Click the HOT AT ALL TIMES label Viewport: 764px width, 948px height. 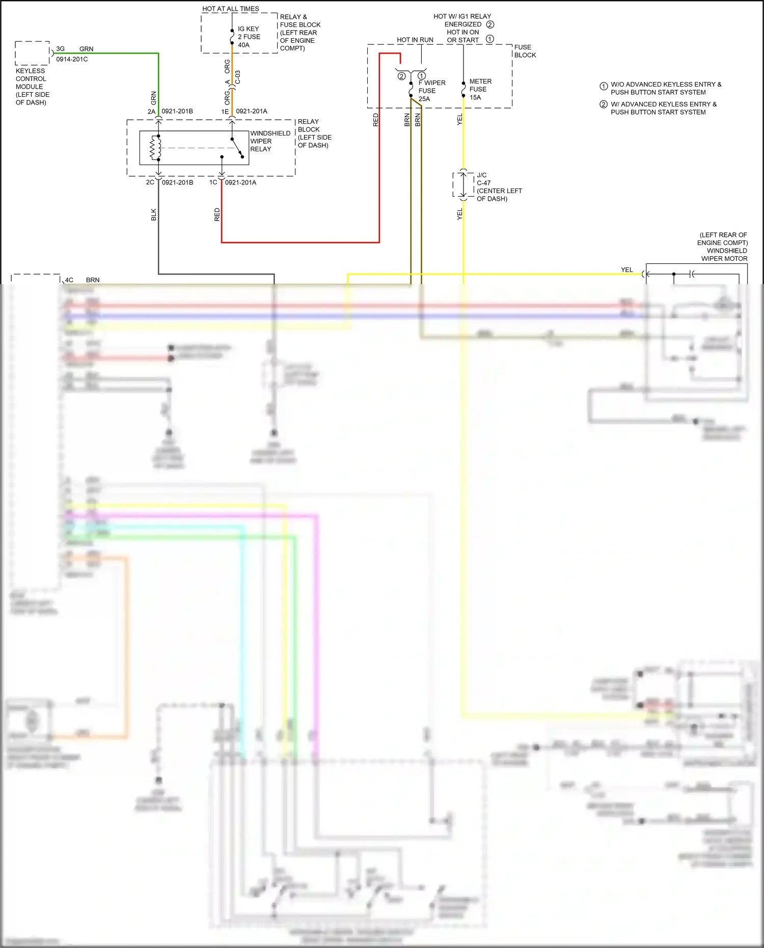[x=230, y=9]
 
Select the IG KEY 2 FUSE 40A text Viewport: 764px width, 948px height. [x=249, y=37]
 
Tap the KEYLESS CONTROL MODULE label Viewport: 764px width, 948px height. [x=32, y=87]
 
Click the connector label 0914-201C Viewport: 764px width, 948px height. [x=72, y=59]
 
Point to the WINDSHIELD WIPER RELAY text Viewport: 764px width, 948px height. [x=270, y=141]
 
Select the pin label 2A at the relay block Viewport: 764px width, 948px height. [x=151, y=112]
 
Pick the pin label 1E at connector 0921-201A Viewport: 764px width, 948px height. [x=225, y=112]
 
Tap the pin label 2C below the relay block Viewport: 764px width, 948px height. [x=150, y=182]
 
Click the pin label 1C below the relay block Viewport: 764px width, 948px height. [x=213, y=182]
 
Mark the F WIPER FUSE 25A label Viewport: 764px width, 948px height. [x=431, y=91]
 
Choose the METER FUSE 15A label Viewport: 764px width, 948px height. [x=480, y=89]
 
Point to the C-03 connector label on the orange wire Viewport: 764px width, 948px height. [x=238, y=77]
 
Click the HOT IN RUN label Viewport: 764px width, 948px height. [x=415, y=40]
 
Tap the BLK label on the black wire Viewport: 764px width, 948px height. [x=154, y=214]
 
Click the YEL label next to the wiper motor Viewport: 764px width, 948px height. [x=626, y=270]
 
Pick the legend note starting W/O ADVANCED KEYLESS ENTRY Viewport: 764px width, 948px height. [x=665, y=88]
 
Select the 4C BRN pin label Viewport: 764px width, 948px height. [x=81, y=280]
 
